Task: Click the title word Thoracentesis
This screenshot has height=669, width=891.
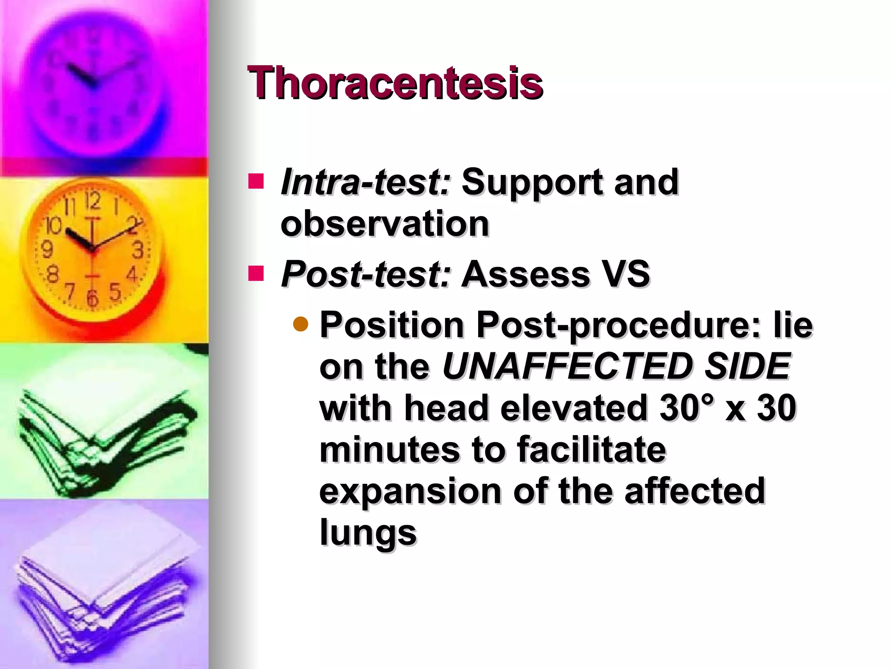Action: tap(395, 83)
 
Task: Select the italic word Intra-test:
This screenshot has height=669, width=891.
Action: tap(365, 182)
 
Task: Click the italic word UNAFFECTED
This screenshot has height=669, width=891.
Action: tap(568, 366)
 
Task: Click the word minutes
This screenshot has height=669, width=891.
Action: tap(389, 449)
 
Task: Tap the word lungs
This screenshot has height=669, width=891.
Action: tap(368, 532)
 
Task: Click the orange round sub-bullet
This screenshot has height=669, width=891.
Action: tap(301, 324)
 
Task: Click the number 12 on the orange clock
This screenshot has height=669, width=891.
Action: tap(92, 201)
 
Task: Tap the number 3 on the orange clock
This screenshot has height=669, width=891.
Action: tap(137, 251)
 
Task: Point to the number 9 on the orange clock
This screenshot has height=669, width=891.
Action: tap(47, 250)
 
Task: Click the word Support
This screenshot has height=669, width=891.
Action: tap(532, 182)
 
